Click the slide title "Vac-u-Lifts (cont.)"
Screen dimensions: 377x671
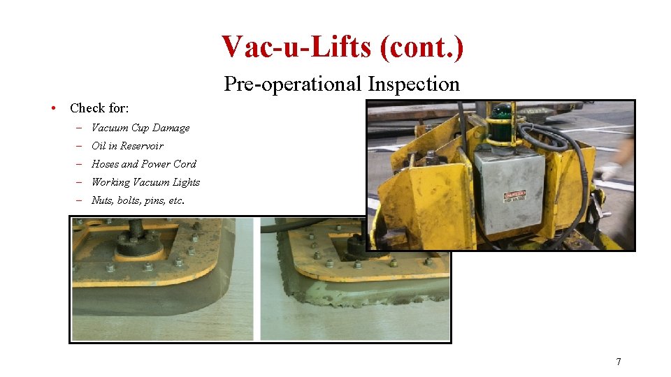[342, 47]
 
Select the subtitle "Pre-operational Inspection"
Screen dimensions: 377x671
[342, 84]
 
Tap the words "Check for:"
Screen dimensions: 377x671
[99, 108]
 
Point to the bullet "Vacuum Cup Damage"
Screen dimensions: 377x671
[140, 128]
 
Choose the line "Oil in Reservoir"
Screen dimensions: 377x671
[127, 146]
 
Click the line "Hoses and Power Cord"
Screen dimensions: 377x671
[144, 164]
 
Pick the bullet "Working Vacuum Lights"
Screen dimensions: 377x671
[145, 182]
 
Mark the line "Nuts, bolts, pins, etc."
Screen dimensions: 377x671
[138, 200]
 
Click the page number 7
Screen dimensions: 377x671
[618, 362]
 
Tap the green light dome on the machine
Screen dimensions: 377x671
[501, 113]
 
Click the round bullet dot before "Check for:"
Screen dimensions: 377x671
[53, 108]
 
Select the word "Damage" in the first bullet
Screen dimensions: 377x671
[171, 128]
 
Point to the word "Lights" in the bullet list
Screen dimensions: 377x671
[186, 182]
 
